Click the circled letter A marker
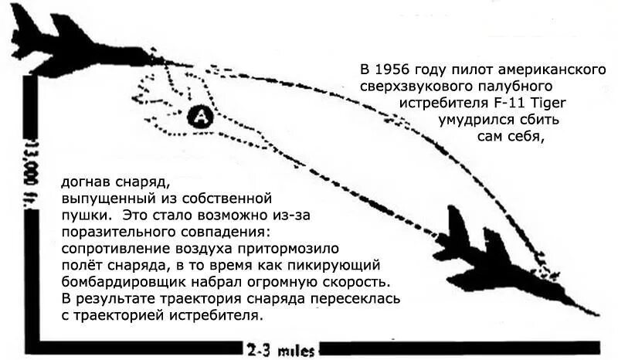199,117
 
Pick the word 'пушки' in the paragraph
80,215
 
